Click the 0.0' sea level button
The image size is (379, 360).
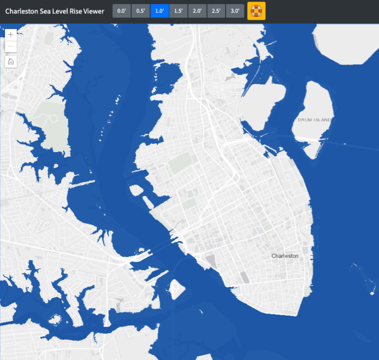122,11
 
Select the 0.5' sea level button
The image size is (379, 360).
141,11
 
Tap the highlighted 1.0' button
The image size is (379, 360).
159,11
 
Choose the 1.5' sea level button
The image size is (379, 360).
178,11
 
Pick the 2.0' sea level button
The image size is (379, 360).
197,11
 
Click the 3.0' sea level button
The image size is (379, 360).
235,11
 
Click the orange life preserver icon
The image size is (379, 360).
256,11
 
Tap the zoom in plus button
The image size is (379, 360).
11,35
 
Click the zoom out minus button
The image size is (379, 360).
11,47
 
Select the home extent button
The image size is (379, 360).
11,62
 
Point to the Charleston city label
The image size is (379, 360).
285,256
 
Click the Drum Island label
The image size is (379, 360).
314,120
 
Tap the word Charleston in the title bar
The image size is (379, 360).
21,11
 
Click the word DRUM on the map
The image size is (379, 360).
305,120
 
